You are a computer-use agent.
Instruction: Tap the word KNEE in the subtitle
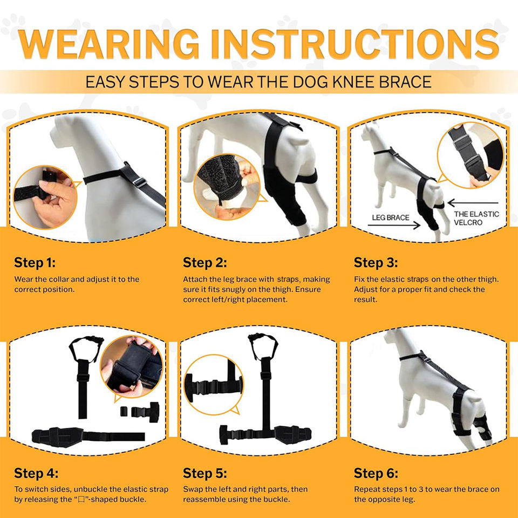[353, 81]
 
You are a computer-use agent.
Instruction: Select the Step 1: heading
[35, 263]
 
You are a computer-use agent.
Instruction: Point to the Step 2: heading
[205, 263]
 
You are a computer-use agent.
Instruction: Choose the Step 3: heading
[376, 263]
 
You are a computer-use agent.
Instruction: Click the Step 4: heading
[36, 473]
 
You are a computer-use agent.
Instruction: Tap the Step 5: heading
[205, 473]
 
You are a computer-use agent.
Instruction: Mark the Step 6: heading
[376, 473]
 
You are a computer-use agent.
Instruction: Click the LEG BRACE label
[391, 217]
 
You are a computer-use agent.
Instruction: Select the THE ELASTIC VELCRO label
[476, 219]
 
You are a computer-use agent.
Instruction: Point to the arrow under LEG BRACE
[394, 226]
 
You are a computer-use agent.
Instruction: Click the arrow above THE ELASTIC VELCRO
[473, 203]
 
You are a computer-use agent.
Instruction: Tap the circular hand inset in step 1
[45, 197]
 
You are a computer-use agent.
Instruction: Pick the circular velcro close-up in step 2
[227, 187]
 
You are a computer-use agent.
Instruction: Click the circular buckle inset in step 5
[214, 385]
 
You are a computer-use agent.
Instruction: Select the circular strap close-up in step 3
[471, 155]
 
